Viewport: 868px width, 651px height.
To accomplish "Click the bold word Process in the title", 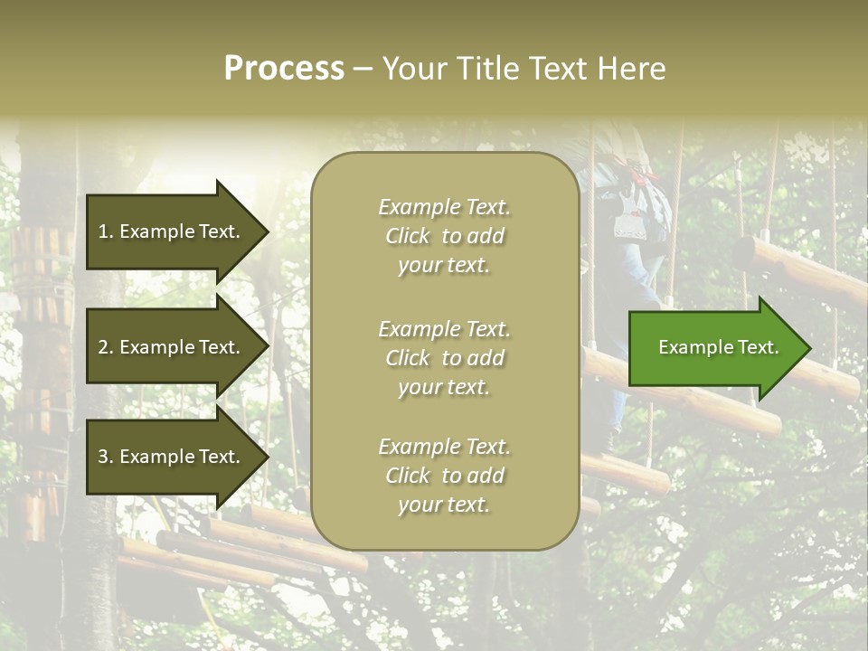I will click(284, 69).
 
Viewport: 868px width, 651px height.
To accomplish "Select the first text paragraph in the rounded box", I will click(444, 236).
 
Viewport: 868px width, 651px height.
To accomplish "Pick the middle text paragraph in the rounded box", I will click(444, 358).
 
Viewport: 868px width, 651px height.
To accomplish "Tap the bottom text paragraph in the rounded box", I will click(444, 476).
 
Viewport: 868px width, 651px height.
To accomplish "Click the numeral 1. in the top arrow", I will click(105, 231).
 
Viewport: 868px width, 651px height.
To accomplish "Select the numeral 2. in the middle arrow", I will click(106, 347).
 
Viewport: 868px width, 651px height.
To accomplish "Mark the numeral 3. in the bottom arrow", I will click(106, 458).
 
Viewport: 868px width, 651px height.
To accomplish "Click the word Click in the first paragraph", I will click(408, 236).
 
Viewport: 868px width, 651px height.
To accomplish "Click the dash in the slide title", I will click(363, 70).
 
